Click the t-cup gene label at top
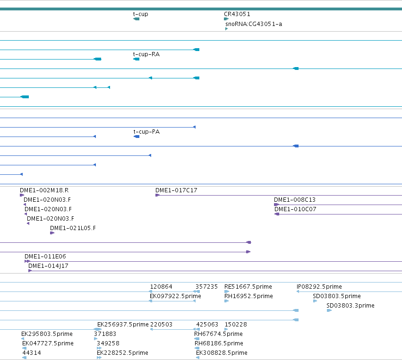[140, 14]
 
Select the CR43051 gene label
[237, 14]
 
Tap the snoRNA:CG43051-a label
[254, 24]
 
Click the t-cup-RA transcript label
[146, 54]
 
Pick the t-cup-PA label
[146, 132]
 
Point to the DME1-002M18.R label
[44, 190]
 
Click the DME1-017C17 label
[176, 190]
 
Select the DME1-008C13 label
[295, 200]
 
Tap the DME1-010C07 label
[295, 209]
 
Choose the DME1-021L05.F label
[73, 228]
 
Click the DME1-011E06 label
[45, 257]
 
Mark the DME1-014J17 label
[48, 266]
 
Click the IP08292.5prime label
[319, 287]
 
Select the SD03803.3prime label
[351, 306]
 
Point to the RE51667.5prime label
[248, 287]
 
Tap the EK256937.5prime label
[123, 325]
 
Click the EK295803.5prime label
[47, 334]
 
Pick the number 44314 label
[32, 353]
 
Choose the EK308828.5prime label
[222, 353]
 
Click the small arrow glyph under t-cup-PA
[137, 137]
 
